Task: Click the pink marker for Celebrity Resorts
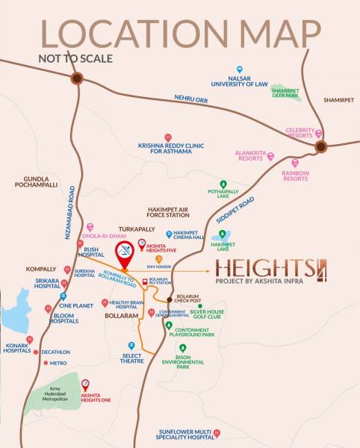319,133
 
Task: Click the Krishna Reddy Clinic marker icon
168,137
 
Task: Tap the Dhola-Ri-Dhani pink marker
90,226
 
